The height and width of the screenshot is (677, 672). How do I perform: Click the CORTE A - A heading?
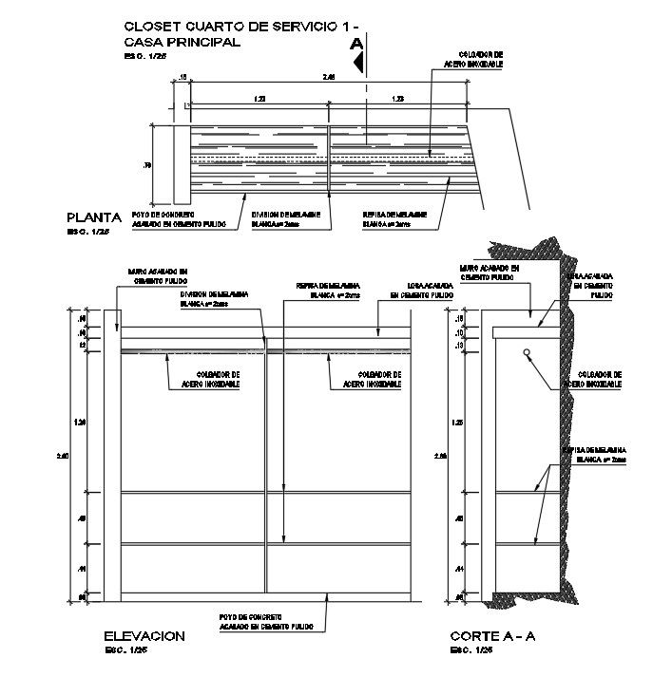pyautogui.click(x=491, y=635)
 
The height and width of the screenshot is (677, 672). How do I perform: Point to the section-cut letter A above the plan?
pyautogui.click(x=356, y=44)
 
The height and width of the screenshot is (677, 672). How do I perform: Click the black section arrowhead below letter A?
pyautogui.click(x=358, y=63)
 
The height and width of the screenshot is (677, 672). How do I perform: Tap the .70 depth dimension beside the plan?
pyautogui.click(x=146, y=165)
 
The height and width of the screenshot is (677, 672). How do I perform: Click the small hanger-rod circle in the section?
pyautogui.click(x=525, y=354)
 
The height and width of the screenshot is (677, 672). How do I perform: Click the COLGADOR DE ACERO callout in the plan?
pyautogui.click(x=467, y=60)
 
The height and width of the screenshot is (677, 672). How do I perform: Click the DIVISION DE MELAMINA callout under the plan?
pyautogui.click(x=286, y=219)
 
